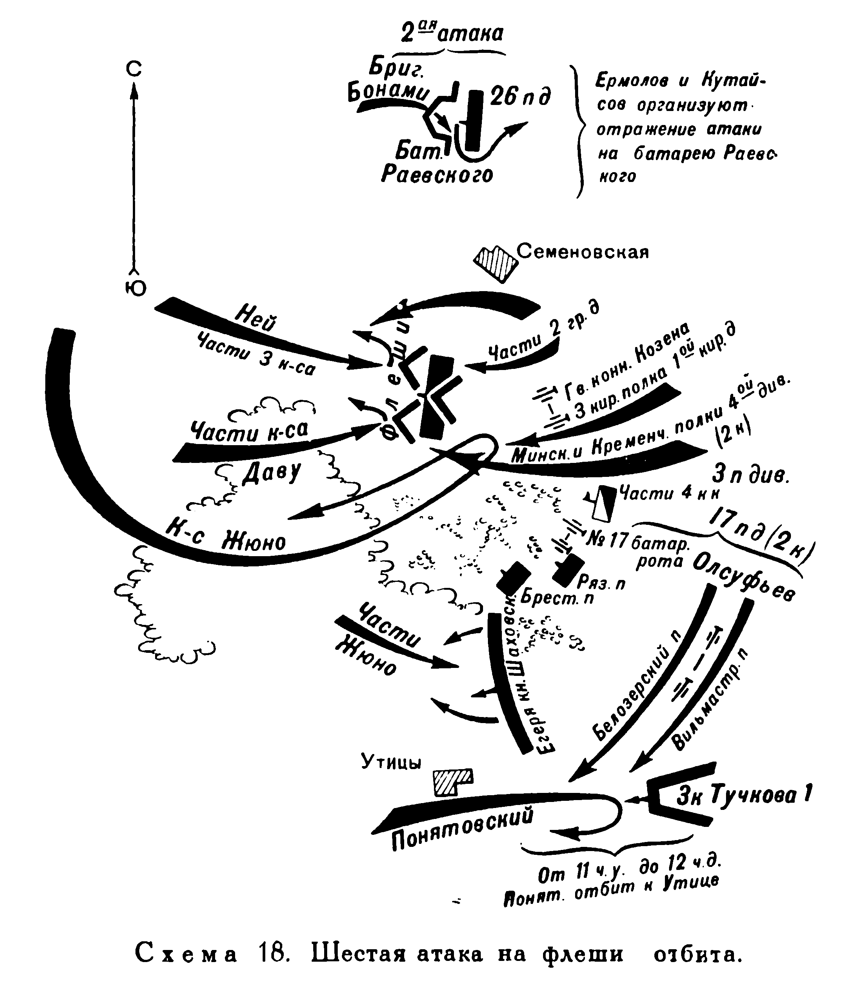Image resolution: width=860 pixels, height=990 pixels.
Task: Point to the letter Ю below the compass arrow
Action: coord(136,288)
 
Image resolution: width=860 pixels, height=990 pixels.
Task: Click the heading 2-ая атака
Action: coord(452,34)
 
